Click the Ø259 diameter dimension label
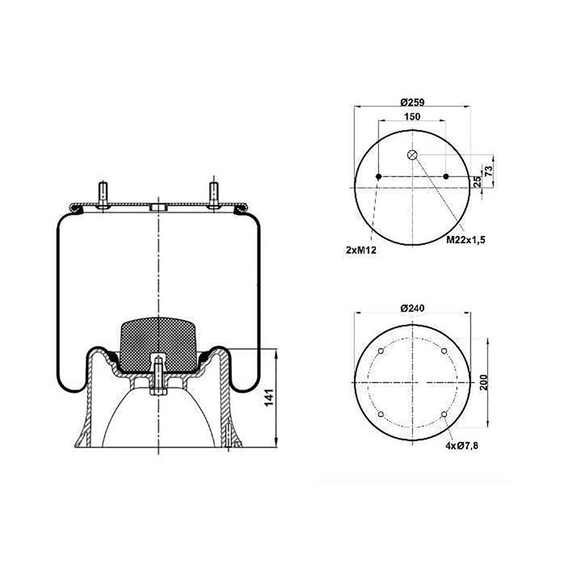(x=412, y=102)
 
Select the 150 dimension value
(x=412, y=117)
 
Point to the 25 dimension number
(x=478, y=181)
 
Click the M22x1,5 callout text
(x=466, y=240)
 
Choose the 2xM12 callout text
(x=361, y=250)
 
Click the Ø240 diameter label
(x=412, y=308)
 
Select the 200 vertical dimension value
(x=484, y=382)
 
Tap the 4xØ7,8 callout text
(x=462, y=446)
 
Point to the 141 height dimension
(x=269, y=398)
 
